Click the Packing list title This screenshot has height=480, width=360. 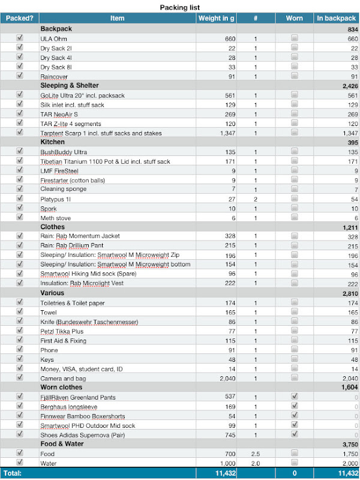(x=180, y=7)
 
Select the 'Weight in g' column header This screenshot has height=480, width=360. (x=216, y=18)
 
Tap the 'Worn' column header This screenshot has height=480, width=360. (x=295, y=18)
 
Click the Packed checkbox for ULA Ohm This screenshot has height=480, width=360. (x=20, y=38)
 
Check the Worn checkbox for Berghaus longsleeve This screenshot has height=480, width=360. (x=295, y=406)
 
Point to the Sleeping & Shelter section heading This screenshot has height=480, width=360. (x=70, y=85)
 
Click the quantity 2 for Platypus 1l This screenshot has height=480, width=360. (x=255, y=199)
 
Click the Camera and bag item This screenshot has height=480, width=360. (x=62, y=379)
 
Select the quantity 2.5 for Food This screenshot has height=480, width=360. (x=255, y=454)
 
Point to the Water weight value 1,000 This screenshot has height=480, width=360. (x=224, y=464)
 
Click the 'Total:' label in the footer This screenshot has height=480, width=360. (x=13, y=473)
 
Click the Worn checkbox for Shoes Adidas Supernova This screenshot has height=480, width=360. (x=295, y=435)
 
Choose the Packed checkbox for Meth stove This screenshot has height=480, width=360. (x=20, y=217)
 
